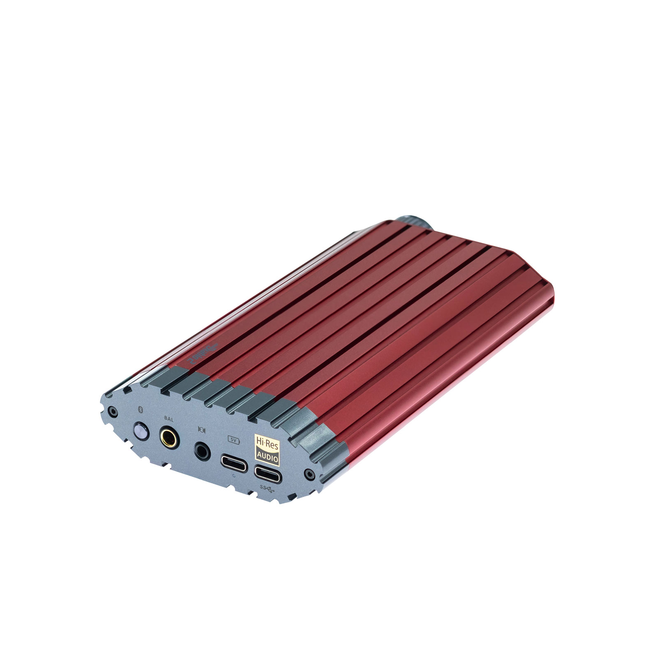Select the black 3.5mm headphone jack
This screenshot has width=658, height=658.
(202, 450)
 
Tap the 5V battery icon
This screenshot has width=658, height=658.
(233, 440)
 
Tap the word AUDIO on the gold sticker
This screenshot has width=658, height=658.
(268, 455)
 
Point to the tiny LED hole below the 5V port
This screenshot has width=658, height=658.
(234, 475)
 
